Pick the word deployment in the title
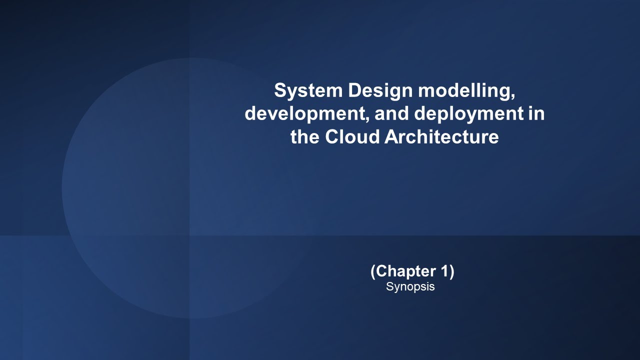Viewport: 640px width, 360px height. click(468, 114)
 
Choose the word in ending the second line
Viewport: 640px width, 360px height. click(536, 113)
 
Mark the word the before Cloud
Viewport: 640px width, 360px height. click(305, 137)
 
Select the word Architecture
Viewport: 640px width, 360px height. click(442, 137)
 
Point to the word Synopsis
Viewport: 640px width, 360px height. click(410, 287)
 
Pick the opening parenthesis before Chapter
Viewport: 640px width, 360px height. click(373, 271)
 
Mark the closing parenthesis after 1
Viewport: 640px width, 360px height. click(451, 271)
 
